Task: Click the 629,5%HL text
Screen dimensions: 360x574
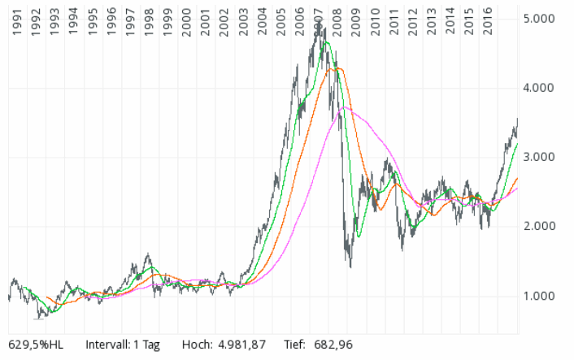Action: [37, 345]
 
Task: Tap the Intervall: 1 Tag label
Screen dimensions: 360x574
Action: [123, 345]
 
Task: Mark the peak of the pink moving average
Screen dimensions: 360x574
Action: [345, 107]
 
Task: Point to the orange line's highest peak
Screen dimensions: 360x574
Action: [337, 68]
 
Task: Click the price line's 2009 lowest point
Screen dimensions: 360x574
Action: [350, 266]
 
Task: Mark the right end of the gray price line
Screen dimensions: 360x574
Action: [517, 119]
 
